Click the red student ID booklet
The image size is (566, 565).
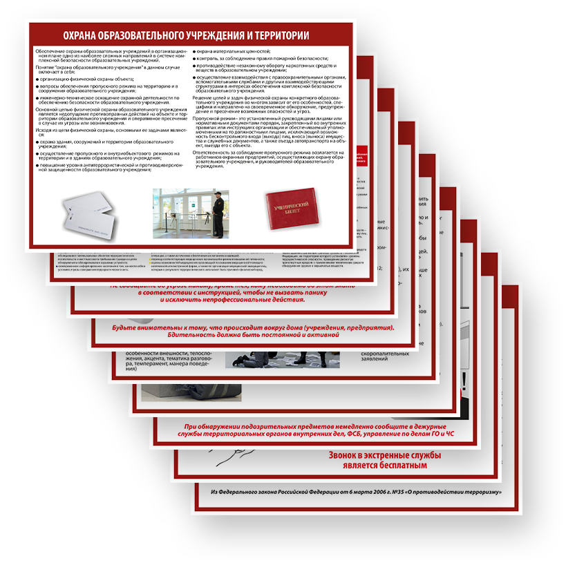tap(290, 208)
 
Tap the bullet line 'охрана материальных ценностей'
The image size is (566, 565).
tap(234, 52)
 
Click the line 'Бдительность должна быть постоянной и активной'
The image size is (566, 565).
tap(253, 335)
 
